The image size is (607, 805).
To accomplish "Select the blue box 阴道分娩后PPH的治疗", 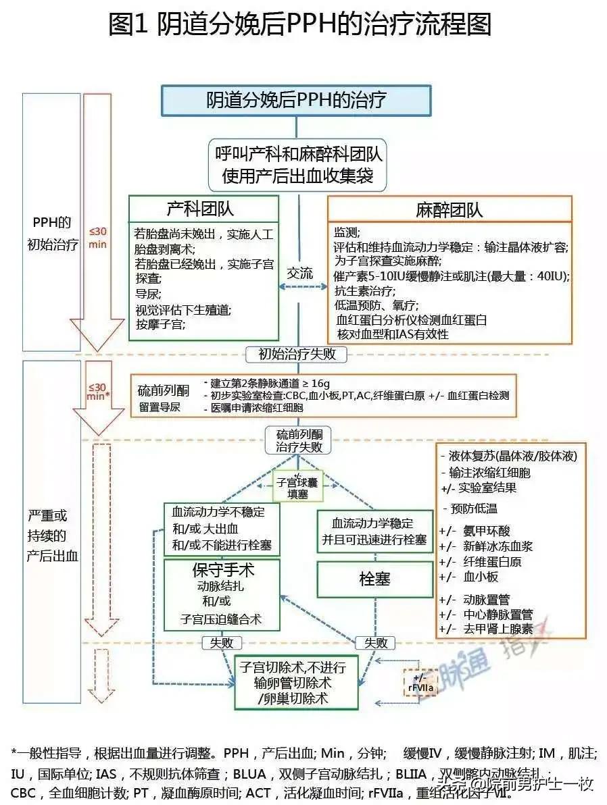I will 296,100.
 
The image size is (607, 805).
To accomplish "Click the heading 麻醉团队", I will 450,210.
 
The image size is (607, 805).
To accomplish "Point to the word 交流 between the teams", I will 300,274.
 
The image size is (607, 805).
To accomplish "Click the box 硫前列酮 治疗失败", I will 299,440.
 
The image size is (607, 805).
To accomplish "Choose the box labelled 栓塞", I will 374,579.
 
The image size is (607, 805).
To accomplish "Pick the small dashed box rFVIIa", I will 420,683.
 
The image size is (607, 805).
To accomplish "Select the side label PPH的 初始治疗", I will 52,233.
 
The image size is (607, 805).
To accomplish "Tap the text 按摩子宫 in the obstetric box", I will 161,324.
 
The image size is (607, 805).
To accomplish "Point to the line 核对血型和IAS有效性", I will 391,334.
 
